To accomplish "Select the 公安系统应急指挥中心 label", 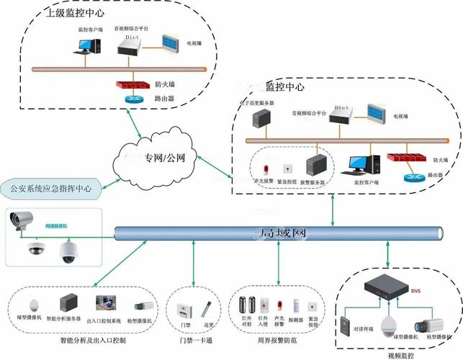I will (x=50, y=189).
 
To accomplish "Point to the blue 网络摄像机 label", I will (x=56, y=226).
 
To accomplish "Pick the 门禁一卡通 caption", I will (x=192, y=339).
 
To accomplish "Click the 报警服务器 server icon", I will (x=317, y=166).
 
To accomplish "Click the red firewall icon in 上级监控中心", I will (x=132, y=84).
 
